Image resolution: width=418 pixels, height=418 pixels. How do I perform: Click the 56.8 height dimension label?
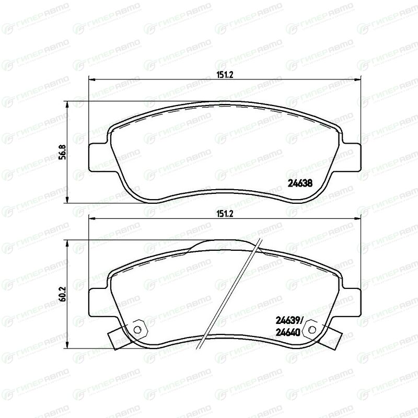(63, 152)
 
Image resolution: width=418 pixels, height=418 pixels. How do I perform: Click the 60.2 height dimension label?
(63, 294)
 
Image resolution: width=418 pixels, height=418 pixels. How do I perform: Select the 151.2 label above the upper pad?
(225, 75)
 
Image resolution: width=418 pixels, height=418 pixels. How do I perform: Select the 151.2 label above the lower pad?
(225, 214)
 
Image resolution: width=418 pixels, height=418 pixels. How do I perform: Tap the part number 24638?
(300, 183)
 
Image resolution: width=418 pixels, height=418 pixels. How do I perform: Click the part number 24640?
(288, 332)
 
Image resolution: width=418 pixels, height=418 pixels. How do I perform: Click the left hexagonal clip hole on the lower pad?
(137, 330)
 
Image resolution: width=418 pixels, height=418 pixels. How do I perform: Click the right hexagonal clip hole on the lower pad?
(311, 330)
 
